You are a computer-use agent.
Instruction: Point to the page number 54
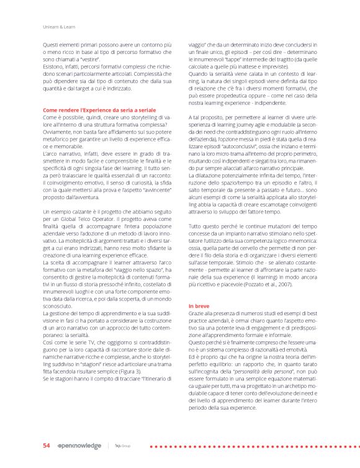pyautogui.click(x=46, y=446)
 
